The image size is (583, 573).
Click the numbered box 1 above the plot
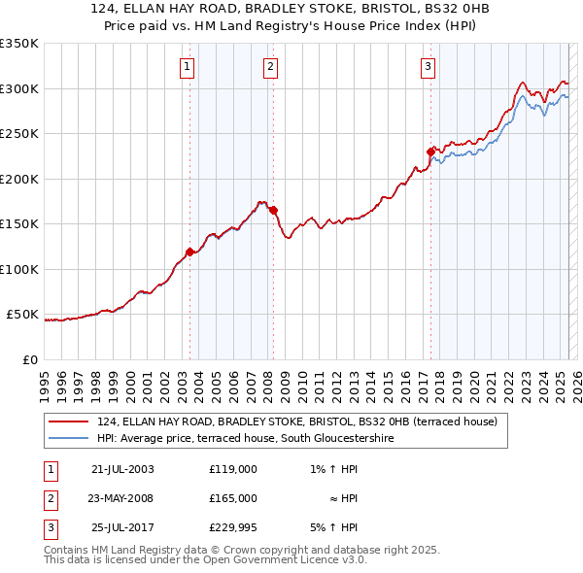[186, 67]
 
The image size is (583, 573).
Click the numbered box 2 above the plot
[269, 67]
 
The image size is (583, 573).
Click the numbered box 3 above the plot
[428, 67]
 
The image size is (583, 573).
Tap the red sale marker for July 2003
[189, 252]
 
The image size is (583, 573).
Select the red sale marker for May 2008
[274, 210]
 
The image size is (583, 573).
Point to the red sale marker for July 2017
[430, 152]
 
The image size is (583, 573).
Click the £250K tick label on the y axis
[18, 134]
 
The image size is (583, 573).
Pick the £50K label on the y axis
[22, 315]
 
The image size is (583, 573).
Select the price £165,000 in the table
[232, 499]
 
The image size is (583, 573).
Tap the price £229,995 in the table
[232, 528]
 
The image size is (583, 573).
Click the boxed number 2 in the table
[49, 499]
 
